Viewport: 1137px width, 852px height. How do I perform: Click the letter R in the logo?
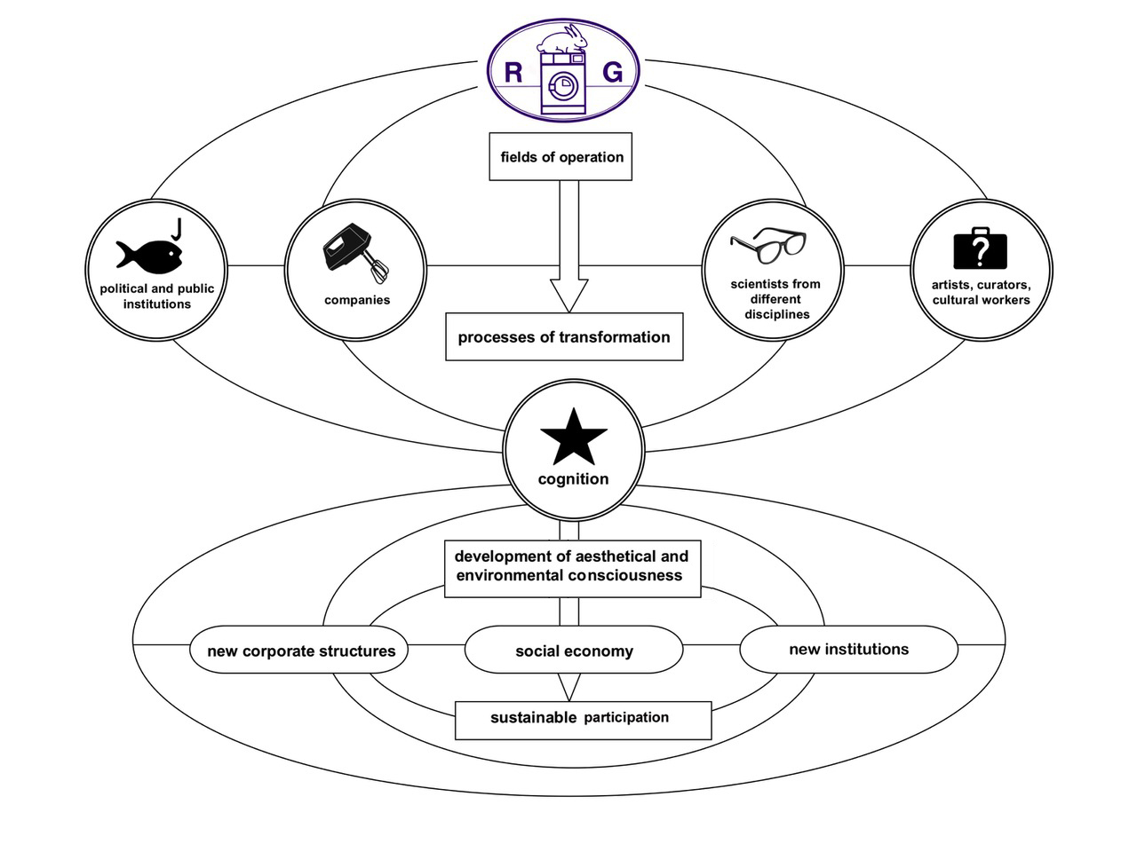(x=513, y=72)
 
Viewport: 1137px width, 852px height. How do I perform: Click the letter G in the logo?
(x=613, y=72)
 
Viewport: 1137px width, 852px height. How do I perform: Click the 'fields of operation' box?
(x=561, y=157)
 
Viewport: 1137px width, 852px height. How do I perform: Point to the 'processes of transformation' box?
(x=564, y=337)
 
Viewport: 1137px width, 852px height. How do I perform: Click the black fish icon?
(x=148, y=254)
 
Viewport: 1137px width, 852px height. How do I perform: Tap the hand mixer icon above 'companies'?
(x=355, y=252)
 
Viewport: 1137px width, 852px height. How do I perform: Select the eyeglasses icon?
(x=768, y=246)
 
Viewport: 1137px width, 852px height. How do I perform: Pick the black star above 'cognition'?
(x=574, y=437)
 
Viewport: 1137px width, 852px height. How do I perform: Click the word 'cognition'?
(x=574, y=479)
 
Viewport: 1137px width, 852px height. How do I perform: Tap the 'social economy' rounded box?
(x=574, y=651)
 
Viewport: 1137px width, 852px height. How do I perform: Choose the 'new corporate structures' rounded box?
(x=300, y=651)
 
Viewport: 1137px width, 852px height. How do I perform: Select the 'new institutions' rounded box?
(x=848, y=649)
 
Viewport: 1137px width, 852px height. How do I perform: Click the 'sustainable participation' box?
(x=583, y=719)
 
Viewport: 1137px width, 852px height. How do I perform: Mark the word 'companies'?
(x=357, y=300)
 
